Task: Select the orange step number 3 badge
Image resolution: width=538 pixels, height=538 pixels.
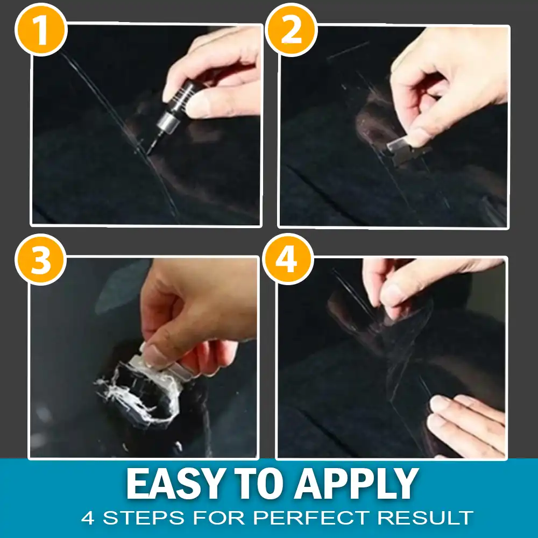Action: coord(41,261)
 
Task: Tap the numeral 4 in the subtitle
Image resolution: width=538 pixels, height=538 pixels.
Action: coord(88,518)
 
